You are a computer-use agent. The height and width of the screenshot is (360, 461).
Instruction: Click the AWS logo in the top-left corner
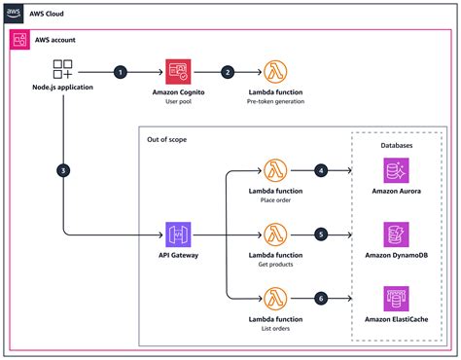tap(13, 13)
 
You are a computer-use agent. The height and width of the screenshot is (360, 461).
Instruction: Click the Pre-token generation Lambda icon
tap(275, 72)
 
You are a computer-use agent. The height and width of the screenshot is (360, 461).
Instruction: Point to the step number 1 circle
tap(121, 72)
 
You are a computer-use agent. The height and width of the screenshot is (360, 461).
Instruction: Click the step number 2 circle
tap(228, 72)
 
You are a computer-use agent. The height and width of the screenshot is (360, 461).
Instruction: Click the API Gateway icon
tap(178, 234)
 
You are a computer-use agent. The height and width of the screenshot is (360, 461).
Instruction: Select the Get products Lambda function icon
tap(275, 234)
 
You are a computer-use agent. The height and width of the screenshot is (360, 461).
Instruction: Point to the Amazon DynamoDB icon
tap(397, 234)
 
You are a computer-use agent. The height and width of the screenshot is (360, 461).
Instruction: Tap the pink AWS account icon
tap(19, 40)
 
